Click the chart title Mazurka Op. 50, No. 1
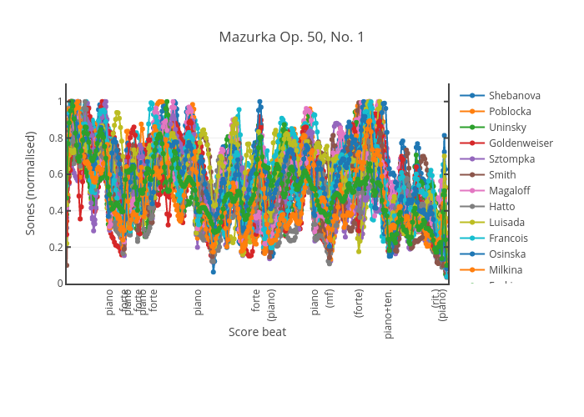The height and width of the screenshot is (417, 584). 291,37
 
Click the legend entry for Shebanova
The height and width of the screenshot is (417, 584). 514,95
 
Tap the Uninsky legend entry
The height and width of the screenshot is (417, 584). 507,127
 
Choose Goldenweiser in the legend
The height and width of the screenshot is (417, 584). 521,143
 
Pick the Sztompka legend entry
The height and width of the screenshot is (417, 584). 511,158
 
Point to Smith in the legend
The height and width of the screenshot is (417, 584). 502,174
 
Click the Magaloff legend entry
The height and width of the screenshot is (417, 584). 509,190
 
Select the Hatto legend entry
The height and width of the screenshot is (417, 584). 502,206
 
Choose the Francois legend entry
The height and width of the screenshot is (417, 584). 508,238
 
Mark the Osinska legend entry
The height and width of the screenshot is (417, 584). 507,254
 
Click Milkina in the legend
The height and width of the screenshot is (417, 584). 506,269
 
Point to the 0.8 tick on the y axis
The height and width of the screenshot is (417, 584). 56,138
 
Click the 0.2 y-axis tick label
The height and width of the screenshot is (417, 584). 56,247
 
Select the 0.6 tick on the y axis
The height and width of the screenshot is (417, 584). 56,174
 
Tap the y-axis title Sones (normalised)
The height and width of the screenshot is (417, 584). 31,183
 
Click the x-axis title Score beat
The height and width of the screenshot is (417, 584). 257,332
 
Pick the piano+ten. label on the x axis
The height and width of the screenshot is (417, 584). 388,314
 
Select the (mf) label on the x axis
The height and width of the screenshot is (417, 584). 330,299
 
